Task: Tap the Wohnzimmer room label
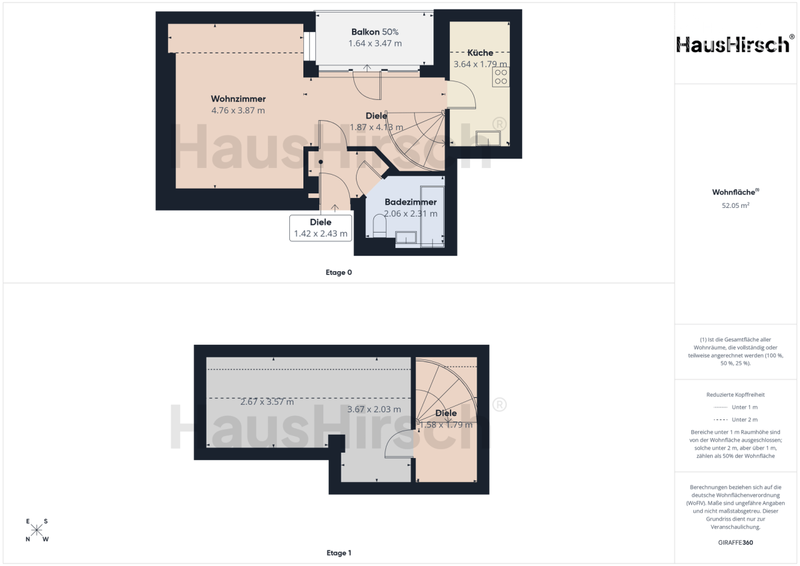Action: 238,99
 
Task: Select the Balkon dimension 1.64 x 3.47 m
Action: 375,43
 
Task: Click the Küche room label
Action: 480,53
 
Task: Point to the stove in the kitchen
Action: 501,77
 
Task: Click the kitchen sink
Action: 488,138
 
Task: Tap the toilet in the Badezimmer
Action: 379,226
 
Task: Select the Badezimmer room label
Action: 411,202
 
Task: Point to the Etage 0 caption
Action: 339,273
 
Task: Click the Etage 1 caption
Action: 339,553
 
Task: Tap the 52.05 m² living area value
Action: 735,205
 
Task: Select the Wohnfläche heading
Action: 735,192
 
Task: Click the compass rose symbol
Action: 37,530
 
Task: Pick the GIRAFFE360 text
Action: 735,543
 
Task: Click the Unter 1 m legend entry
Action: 735,407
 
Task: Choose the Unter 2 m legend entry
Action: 735,419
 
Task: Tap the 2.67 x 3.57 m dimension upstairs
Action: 267,402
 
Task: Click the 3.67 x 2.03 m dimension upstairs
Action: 374,409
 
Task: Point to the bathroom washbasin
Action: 406,237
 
